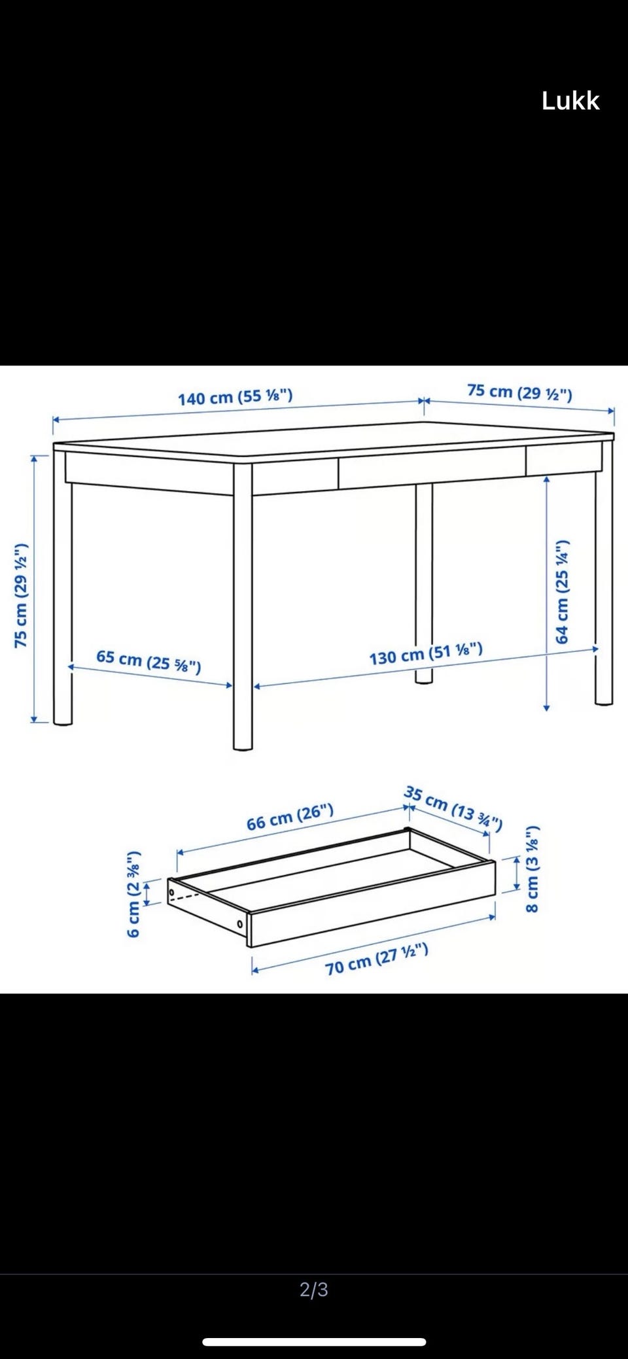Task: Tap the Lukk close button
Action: [x=570, y=101]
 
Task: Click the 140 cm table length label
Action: [x=235, y=397]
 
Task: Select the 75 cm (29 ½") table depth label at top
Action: [x=519, y=392]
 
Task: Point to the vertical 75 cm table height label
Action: [x=22, y=595]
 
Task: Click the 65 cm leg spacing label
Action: [x=148, y=661]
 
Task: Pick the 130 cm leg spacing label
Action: [x=426, y=653]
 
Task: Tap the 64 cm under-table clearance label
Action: [x=563, y=592]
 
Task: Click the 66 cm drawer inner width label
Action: [x=290, y=817]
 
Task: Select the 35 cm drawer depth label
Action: [x=453, y=808]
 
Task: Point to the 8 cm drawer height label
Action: [x=532, y=869]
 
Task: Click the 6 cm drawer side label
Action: [x=133, y=893]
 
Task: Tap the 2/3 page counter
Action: [x=314, y=1289]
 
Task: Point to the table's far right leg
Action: [x=604, y=572]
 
